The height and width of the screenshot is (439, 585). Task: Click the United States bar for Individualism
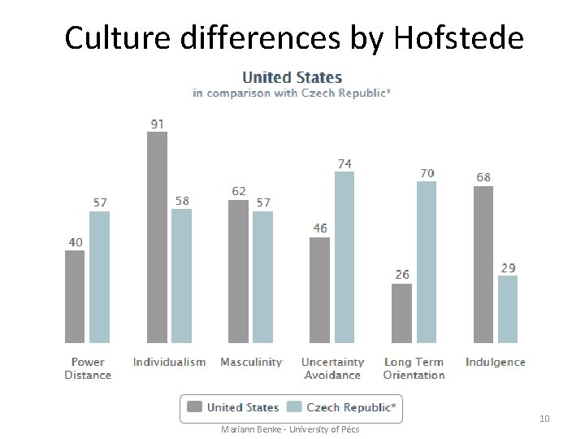pyautogui.click(x=157, y=237)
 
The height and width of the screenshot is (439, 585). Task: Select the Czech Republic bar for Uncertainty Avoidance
pyautogui.click(x=344, y=257)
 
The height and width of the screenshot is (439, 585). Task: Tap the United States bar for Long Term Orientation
pyautogui.click(x=401, y=313)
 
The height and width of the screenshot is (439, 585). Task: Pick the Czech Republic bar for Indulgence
pyautogui.click(x=508, y=309)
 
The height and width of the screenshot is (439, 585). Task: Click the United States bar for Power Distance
pyautogui.click(x=75, y=297)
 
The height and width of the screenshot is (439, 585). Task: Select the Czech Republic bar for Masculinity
pyautogui.click(x=262, y=276)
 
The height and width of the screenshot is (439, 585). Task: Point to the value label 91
pyautogui.click(x=157, y=124)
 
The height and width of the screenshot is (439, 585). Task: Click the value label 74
pyautogui.click(x=344, y=163)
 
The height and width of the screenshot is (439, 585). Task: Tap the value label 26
pyautogui.click(x=402, y=275)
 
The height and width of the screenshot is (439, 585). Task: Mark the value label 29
pyautogui.click(x=508, y=267)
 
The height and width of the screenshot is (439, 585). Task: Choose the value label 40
pyautogui.click(x=74, y=242)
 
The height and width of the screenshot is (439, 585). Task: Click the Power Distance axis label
pyautogui.click(x=88, y=368)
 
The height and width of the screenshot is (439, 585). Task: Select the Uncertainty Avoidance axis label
pyautogui.click(x=332, y=368)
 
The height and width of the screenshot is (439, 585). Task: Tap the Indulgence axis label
pyautogui.click(x=496, y=362)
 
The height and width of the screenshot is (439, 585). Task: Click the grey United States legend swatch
pyautogui.click(x=195, y=407)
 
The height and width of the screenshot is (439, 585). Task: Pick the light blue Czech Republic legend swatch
pyautogui.click(x=294, y=407)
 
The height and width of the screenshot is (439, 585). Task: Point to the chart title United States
pyautogui.click(x=292, y=77)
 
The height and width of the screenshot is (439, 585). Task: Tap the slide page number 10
pyautogui.click(x=544, y=419)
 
